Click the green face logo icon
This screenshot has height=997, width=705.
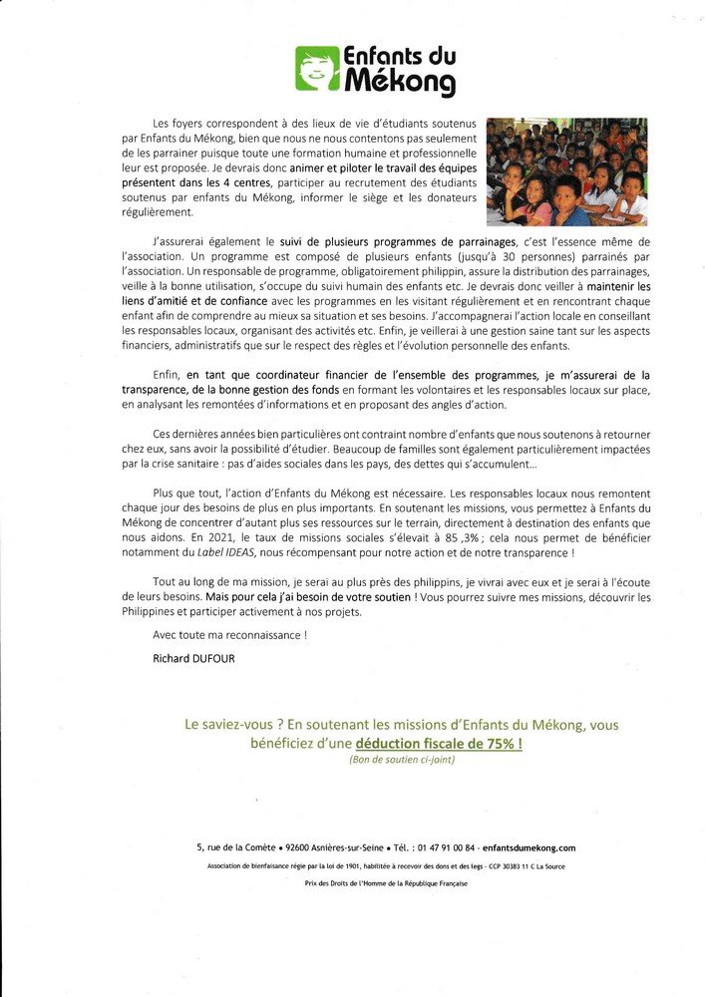(317, 68)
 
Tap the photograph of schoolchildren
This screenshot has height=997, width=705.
(566, 171)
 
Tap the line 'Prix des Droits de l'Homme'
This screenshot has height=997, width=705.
(386, 883)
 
